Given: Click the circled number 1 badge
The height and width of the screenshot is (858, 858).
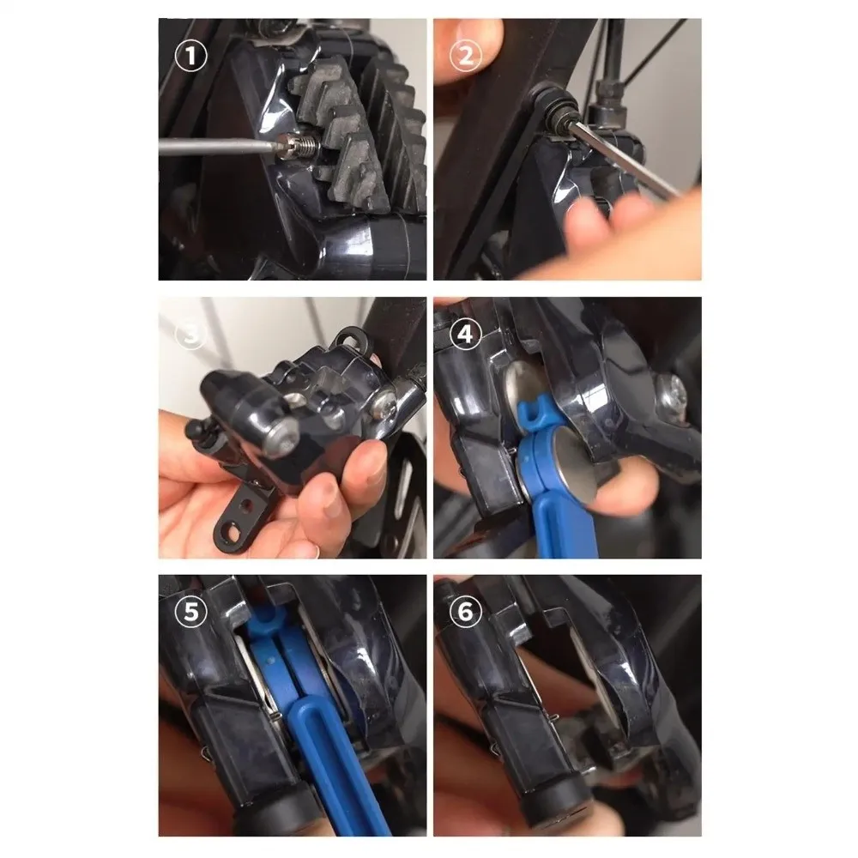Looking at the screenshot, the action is pyautogui.click(x=191, y=56).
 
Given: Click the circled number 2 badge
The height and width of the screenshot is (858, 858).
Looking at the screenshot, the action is pyautogui.click(x=466, y=56).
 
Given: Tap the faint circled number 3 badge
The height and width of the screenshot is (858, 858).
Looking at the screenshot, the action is pyautogui.click(x=191, y=334).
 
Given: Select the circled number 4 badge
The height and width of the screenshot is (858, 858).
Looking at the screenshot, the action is pyautogui.click(x=466, y=334).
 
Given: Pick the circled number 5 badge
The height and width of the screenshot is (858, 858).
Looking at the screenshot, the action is pyautogui.click(x=191, y=611).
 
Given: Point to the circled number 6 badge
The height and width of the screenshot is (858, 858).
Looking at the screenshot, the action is pyautogui.click(x=466, y=611).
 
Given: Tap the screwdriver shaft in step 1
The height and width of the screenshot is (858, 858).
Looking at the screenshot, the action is pyautogui.click(x=218, y=146).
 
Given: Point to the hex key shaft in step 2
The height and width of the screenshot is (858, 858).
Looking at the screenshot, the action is pyautogui.click(x=624, y=160).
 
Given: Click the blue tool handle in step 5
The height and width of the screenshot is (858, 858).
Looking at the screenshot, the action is pyautogui.click(x=335, y=766).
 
